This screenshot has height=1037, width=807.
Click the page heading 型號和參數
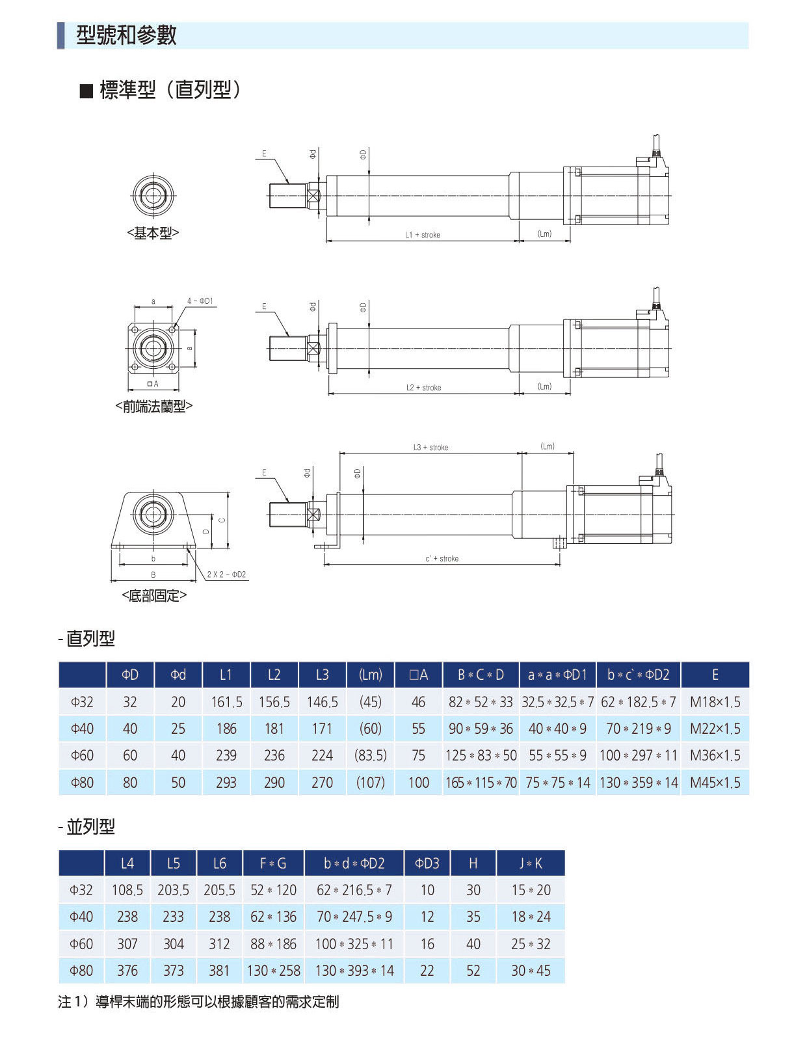tap(126, 35)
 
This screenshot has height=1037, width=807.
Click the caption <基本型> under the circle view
tap(153, 234)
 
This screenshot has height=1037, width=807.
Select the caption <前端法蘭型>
tap(154, 407)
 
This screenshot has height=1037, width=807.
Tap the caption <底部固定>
tap(154, 595)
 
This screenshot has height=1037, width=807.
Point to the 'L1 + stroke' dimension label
tap(423, 235)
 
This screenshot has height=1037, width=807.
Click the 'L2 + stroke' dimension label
tap(423, 388)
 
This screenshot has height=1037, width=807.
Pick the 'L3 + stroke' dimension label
tap(430, 448)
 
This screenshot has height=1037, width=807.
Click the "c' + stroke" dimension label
tap(442, 559)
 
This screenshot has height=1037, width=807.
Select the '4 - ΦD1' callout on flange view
tap(200, 301)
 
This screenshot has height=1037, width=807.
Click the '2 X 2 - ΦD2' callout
tap(226, 575)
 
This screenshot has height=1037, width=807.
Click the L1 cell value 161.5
tap(226, 702)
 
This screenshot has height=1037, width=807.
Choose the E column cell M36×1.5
tap(715, 755)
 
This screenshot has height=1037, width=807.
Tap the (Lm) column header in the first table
tap(371, 675)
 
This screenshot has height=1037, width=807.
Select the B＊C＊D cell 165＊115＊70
tap(481, 783)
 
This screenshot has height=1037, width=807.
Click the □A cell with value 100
tap(418, 783)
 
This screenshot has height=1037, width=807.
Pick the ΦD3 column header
tap(427, 863)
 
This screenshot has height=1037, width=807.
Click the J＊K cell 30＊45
tap(531, 971)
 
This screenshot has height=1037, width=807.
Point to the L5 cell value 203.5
tap(173, 890)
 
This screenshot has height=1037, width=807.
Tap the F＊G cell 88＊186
tap(273, 944)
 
